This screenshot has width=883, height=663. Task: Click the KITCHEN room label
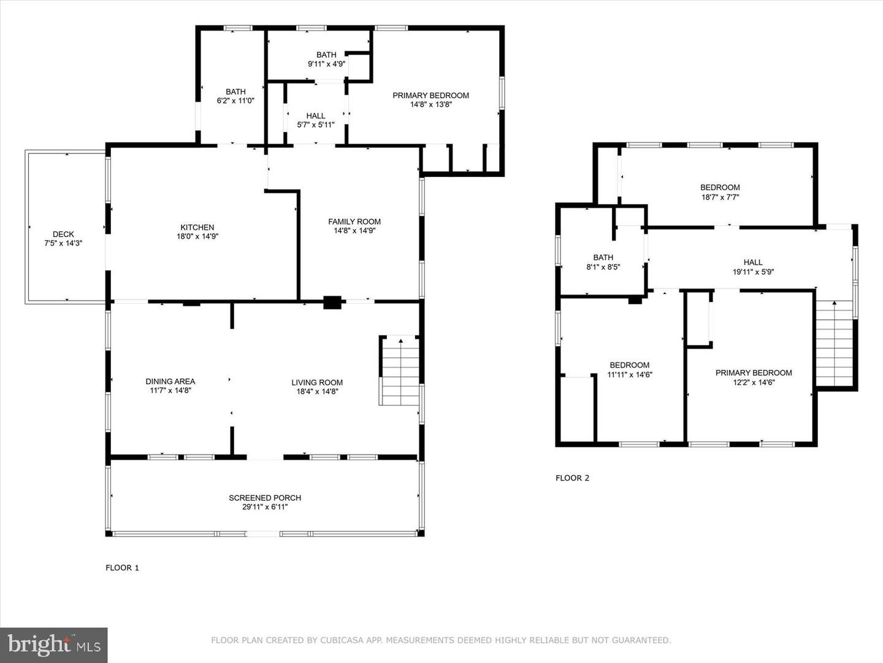(x=197, y=227)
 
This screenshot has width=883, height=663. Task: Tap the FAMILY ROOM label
(x=354, y=222)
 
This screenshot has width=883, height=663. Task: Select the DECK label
(x=64, y=234)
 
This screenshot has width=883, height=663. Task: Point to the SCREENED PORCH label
(x=265, y=497)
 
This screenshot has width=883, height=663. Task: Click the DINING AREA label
(x=170, y=381)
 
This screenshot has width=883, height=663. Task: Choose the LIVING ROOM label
(x=317, y=382)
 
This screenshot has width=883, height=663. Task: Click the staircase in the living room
(x=399, y=370)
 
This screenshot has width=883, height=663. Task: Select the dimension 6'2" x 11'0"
(x=235, y=101)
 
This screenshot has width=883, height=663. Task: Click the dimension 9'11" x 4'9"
(x=327, y=64)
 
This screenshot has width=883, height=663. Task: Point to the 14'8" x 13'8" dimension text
(x=431, y=104)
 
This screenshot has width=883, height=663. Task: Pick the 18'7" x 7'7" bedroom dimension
(x=720, y=197)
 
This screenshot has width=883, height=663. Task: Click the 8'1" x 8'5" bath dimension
(x=603, y=266)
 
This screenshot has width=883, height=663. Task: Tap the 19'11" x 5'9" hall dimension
(x=754, y=272)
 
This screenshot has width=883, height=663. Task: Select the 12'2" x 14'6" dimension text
(x=754, y=382)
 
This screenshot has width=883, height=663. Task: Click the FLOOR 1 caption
(x=122, y=568)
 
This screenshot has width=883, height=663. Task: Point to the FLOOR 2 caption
(x=573, y=478)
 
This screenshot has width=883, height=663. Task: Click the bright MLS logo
(x=53, y=645)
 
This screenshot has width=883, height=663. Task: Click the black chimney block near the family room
(x=332, y=302)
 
